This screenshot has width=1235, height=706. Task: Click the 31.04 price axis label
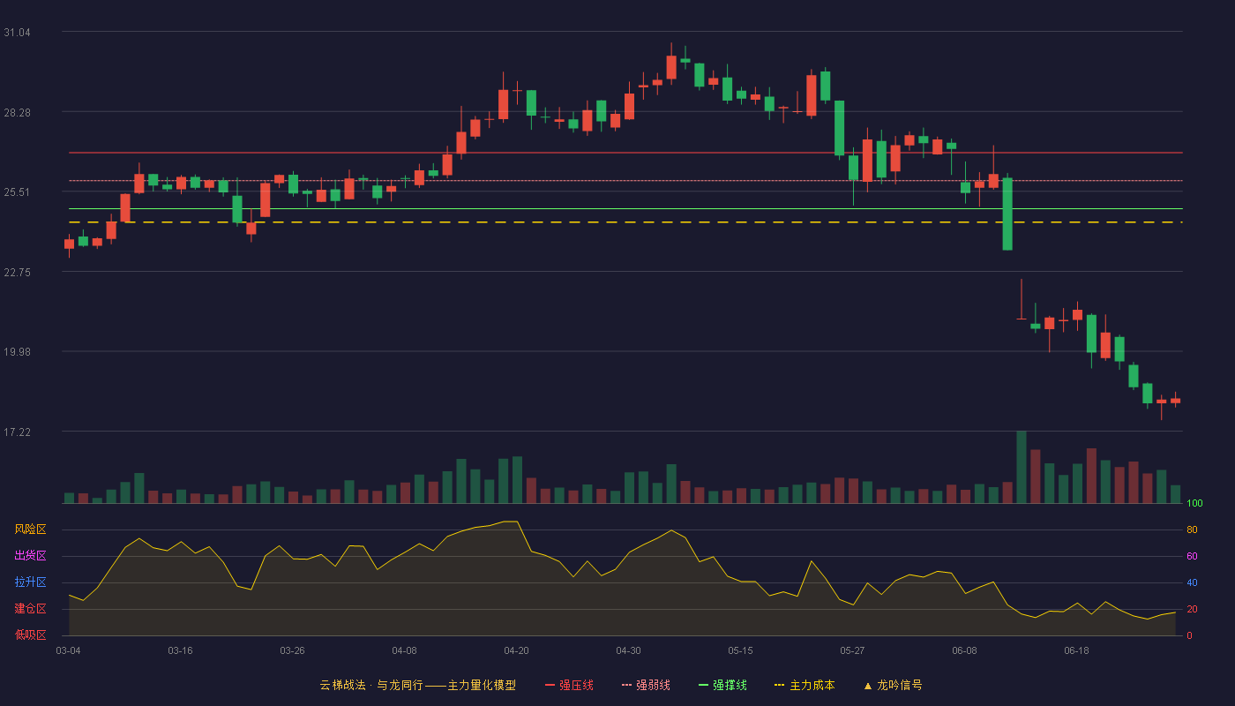[x=17, y=33]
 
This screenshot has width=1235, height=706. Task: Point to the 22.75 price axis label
[x=17, y=273]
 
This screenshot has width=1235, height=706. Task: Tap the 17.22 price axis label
[x=17, y=432]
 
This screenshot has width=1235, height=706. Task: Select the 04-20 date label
[x=516, y=651]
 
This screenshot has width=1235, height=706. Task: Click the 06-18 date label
[x=1076, y=651]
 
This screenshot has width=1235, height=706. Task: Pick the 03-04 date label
[x=69, y=651]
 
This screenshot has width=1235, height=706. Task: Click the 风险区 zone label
[x=30, y=529]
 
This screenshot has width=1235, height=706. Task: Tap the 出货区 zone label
[x=30, y=555]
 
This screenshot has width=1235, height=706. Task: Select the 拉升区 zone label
[x=30, y=582]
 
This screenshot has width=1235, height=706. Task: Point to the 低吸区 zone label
[x=30, y=635]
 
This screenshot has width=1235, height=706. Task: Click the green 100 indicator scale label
[x=1194, y=503]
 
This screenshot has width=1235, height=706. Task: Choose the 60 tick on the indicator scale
[x=1192, y=556]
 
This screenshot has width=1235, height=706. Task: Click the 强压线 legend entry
[x=569, y=685]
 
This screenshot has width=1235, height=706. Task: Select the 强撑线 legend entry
[x=722, y=685]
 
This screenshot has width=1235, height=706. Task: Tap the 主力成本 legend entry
[x=805, y=685]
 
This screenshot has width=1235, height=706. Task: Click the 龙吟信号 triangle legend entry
[x=893, y=685]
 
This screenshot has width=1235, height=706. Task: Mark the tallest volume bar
[x=1022, y=467]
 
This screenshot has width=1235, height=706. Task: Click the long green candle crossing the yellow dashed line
[x=1007, y=214]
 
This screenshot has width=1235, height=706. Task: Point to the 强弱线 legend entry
[x=646, y=685]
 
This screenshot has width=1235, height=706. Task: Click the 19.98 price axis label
[x=17, y=352]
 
